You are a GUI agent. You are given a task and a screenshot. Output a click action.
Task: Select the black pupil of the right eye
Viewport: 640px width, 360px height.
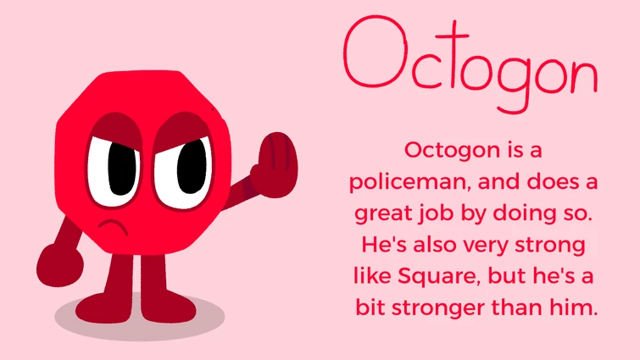(188, 164)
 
